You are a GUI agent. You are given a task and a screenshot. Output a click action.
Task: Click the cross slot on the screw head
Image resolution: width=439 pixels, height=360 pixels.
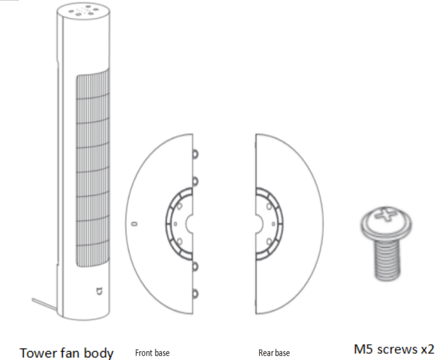click(x=386, y=215)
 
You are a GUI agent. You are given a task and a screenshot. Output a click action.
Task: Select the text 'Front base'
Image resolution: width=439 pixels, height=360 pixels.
click(x=152, y=353)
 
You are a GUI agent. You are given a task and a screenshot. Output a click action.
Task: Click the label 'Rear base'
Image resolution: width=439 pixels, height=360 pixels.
click(x=274, y=353)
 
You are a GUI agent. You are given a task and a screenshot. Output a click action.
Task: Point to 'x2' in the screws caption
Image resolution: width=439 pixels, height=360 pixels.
click(x=427, y=349)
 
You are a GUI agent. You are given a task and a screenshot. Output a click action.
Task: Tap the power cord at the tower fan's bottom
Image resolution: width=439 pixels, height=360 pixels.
click(x=44, y=304)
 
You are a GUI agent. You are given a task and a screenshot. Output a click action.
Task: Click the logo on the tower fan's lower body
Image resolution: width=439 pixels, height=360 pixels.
click(x=99, y=291)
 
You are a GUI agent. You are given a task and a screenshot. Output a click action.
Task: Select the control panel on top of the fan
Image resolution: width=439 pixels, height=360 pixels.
click(x=83, y=10)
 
